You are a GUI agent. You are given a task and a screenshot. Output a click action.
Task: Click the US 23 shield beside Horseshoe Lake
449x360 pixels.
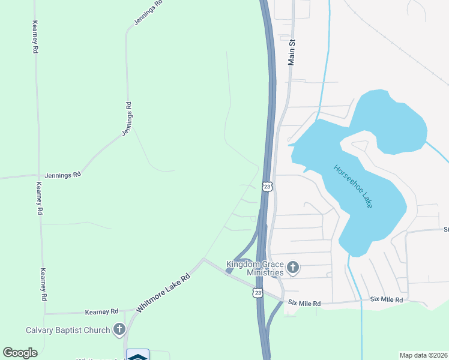267,187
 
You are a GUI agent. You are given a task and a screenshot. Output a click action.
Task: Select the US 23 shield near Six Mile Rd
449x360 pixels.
258,292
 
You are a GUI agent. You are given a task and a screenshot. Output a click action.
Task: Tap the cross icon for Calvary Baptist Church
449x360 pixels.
119,329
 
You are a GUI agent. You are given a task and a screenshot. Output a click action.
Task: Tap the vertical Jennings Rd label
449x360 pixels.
127,118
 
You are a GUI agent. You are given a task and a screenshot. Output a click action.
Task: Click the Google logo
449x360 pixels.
20,353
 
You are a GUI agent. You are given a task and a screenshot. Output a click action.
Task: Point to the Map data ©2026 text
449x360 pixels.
423,355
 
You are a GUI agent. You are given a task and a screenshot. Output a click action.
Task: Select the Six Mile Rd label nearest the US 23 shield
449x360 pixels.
304,304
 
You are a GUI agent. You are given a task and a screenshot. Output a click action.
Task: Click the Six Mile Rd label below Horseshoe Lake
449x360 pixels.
386,299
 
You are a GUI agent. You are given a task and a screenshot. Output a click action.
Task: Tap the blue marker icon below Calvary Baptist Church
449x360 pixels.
137,356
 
